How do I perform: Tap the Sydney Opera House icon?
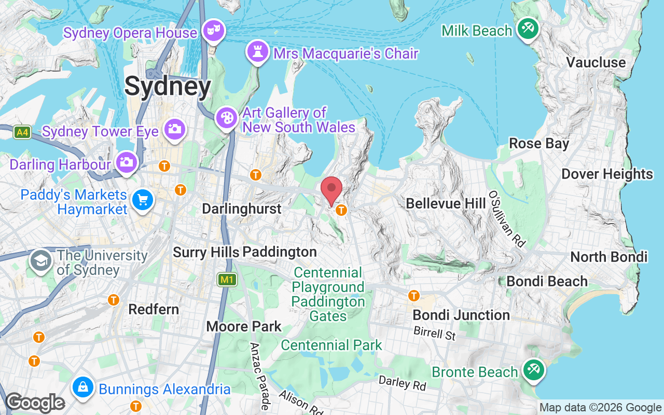tap(213, 30)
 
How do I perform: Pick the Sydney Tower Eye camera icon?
tap(174, 129)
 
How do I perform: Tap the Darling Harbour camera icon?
tap(126, 162)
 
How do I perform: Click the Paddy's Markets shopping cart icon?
tap(143, 200)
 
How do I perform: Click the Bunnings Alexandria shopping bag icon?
tap(82, 387)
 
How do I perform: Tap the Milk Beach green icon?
tap(528, 29)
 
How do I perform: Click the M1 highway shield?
tap(227, 280)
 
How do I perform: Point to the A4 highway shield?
tap(22, 132)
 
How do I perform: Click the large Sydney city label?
tap(168, 87)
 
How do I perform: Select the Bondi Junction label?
tap(461, 315)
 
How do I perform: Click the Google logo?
tap(35, 403)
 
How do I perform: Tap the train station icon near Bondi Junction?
tap(413, 296)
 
